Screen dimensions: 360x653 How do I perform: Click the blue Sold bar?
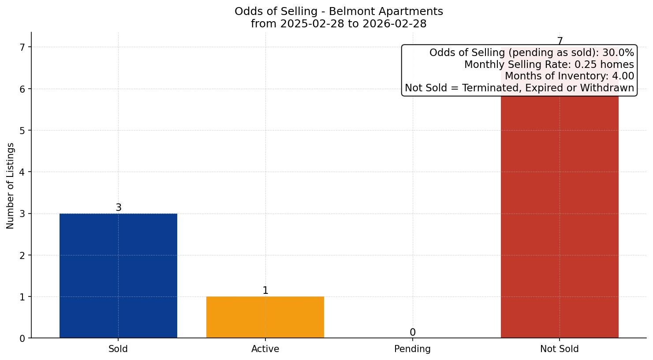click(x=118, y=276)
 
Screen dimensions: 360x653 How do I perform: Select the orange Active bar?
click(x=265, y=317)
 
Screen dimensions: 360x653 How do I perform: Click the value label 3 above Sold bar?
click(x=118, y=207)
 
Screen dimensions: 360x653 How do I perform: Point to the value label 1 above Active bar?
click(x=265, y=290)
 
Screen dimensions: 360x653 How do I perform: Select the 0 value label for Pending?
click(x=412, y=332)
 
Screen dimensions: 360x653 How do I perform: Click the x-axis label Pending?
click(x=412, y=349)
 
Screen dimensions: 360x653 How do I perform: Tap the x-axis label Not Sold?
click(x=559, y=349)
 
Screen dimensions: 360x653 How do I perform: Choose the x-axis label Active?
click(x=265, y=349)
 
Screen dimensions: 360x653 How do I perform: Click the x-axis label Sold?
click(x=118, y=349)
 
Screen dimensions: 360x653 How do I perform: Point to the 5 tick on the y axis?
click(x=22, y=131)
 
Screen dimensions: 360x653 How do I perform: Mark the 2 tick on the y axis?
click(x=22, y=255)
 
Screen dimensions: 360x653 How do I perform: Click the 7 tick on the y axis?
click(x=22, y=47)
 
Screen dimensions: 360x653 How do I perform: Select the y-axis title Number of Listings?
click(x=11, y=186)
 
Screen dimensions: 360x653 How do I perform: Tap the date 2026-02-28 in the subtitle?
click(x=394, y=24)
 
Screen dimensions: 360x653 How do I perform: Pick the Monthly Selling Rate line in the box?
click(x=549, y=65)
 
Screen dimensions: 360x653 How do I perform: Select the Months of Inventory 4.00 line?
click(x=569, y=76)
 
